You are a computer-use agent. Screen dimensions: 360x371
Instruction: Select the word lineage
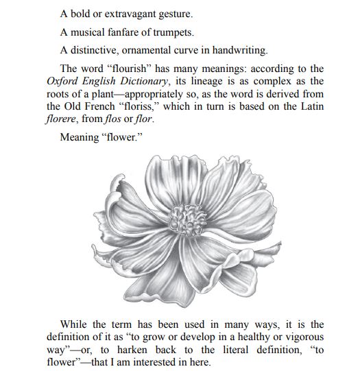point(203,82)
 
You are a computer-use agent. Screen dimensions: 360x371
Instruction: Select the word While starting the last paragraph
point(75,324)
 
